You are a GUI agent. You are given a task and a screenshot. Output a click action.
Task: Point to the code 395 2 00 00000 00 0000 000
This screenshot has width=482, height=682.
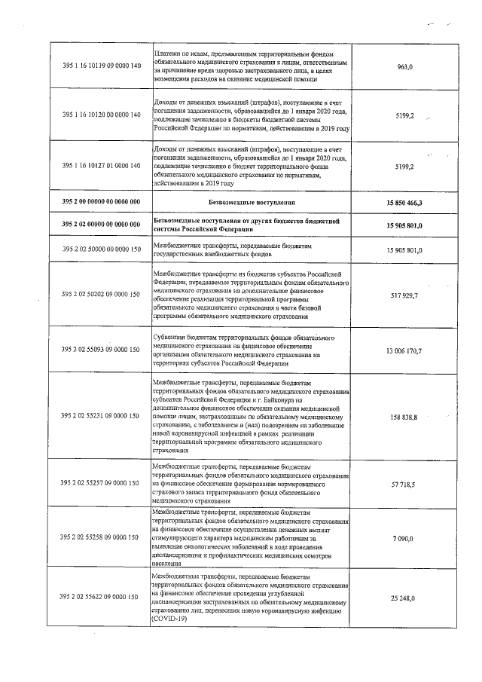101,203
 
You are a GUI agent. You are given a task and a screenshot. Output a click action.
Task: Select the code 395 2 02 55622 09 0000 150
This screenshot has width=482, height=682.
101,597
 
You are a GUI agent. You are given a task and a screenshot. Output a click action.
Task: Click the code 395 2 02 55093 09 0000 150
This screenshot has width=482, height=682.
101,350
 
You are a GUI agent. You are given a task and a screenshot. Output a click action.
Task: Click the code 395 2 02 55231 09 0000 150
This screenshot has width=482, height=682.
101,416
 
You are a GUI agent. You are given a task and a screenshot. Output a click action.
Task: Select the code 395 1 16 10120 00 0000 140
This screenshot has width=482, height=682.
101,115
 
